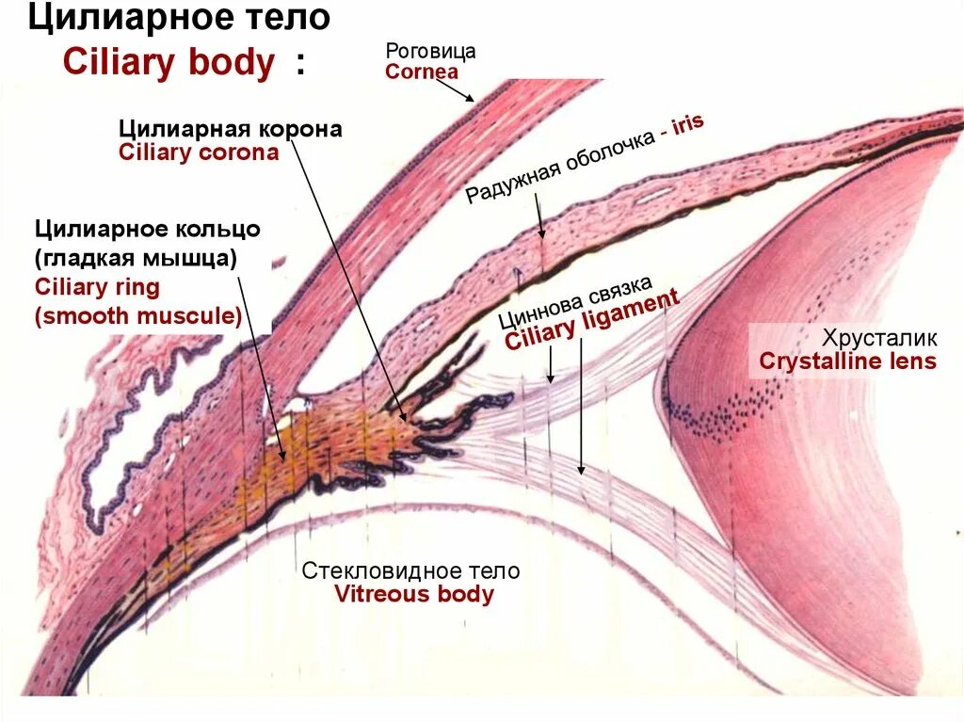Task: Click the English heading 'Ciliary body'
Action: coord(169,63)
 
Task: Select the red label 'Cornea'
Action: coord(422,72)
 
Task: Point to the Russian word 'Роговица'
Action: coord(431,51)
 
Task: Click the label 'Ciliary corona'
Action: coord(199,152)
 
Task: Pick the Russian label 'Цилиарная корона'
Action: coord(230,129)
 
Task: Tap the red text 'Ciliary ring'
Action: coord(97,287)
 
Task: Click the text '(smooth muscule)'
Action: coord(138,316)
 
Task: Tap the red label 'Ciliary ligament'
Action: coord(592,320)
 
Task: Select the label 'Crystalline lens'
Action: coord(847,361)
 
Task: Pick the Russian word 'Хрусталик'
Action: coord(880,338)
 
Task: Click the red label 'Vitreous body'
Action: coord(413,594)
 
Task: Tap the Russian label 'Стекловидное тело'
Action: coord(410,571)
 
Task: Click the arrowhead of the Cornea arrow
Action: coord(472,100)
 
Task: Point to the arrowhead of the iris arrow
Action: coord(541,236)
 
